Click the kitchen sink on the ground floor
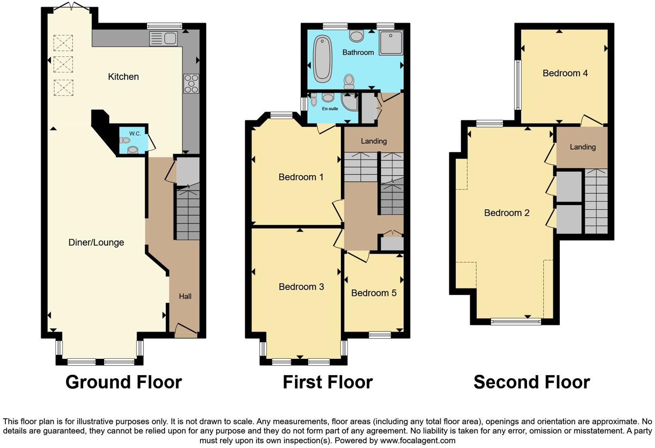point(163,38)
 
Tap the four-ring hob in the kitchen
point(191,84)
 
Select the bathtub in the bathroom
point(322,59)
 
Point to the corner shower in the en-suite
point(349,102)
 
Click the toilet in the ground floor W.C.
point(125,140)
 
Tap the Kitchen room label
point(123,77)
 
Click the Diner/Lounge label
point(96,243)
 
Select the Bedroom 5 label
point(374,293)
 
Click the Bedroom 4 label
point(565,73)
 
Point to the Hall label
point(185,296)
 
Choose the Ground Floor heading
point(123,382)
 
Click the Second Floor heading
point(531,382)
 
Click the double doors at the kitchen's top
point(70,6)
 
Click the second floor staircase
point(596,201)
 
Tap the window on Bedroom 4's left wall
point(518,84)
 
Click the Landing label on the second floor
point(583,147)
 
